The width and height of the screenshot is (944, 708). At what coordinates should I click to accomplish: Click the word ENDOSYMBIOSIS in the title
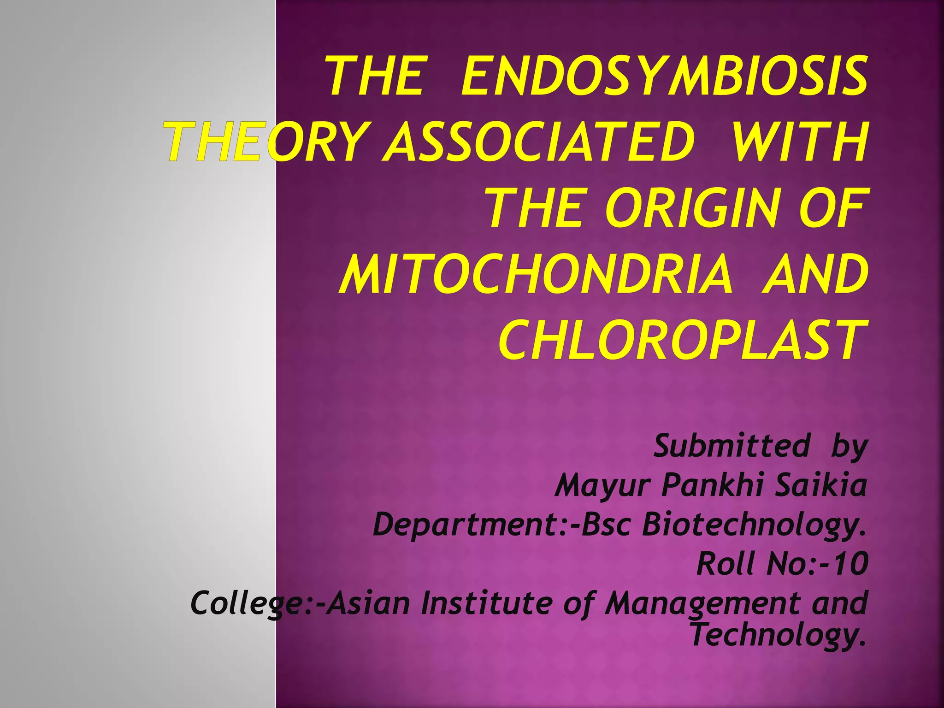pos(664,76)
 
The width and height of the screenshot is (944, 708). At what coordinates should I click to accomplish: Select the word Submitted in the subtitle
pos(732,446)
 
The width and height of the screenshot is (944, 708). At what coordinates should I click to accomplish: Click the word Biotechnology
pos(754,525)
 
